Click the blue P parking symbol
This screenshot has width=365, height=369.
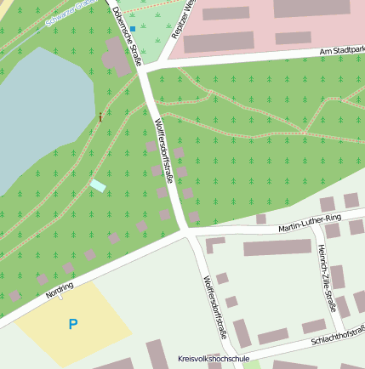coord(72,324)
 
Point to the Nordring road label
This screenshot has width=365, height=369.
coord(60,292)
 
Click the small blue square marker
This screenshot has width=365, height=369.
coord(133,29)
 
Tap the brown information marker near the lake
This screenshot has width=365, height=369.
coord(100,116)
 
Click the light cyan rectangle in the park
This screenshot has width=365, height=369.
coord(98,185)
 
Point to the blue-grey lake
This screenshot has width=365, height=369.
coord(38,102)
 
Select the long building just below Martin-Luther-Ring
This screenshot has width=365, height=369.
coord(277,247)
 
